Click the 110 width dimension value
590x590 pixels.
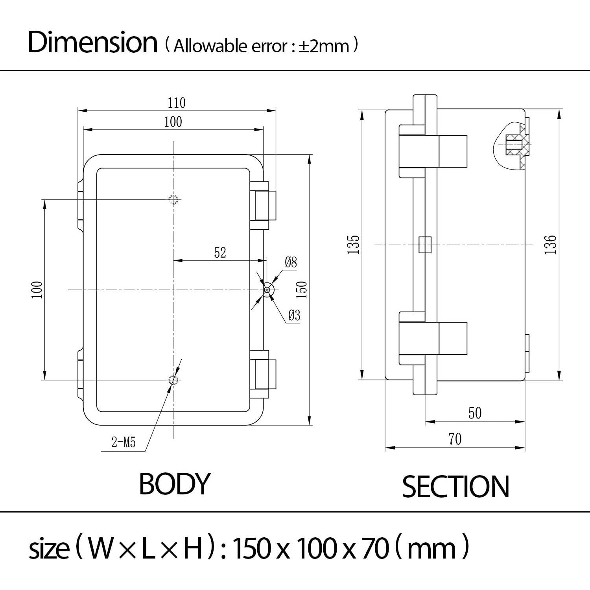tap(176, 103)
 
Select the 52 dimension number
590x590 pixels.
tap(220, 253)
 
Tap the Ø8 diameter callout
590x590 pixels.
tap(291, 262)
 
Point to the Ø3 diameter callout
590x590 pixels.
tap(294, 315)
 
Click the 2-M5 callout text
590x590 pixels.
tap(124, 443)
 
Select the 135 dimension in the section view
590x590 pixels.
tap(354, 244)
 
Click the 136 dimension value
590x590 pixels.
tap(551, 244)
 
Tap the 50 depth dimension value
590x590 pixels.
tap(475, 413)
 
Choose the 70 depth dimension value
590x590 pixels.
tap(455, 439)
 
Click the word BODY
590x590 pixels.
tap(175, 484)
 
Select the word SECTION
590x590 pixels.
tap(455, 487)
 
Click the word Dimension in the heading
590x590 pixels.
tap(93, 42)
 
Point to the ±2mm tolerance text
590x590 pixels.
tap(323, 46)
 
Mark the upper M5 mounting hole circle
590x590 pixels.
tap(173, 199)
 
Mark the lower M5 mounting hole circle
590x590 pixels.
tap(173, 380)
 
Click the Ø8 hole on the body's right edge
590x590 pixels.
tap(268, 290)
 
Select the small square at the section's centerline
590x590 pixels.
tap(425, 245)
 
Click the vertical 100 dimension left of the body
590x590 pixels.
tap(37, 290)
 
